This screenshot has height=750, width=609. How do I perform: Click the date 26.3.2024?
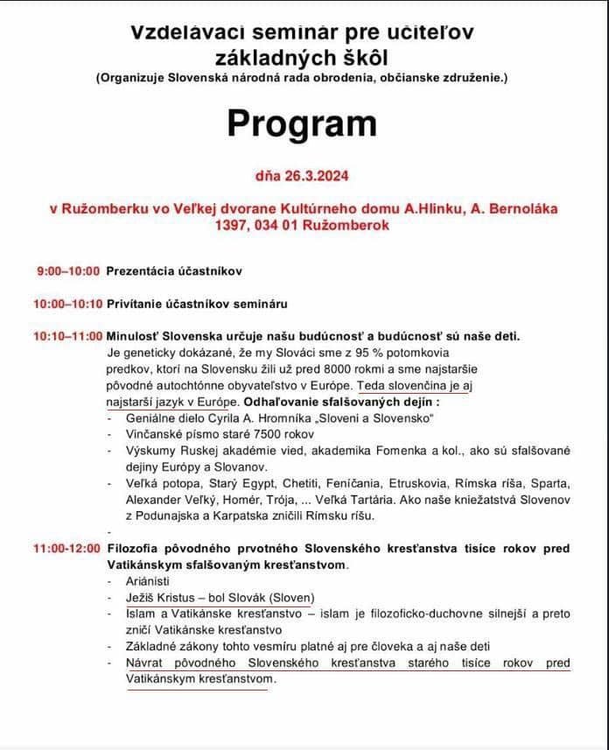tap(316, 175)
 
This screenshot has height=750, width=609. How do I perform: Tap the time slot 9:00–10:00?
tap(68, 271)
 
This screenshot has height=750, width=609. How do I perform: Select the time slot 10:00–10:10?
tap(66, 304)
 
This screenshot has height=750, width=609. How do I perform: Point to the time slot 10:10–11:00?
tap(66, 336)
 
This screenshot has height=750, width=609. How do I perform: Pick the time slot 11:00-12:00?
tap(66, 548)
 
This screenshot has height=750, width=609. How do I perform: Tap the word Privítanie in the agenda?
tap(136, 304)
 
